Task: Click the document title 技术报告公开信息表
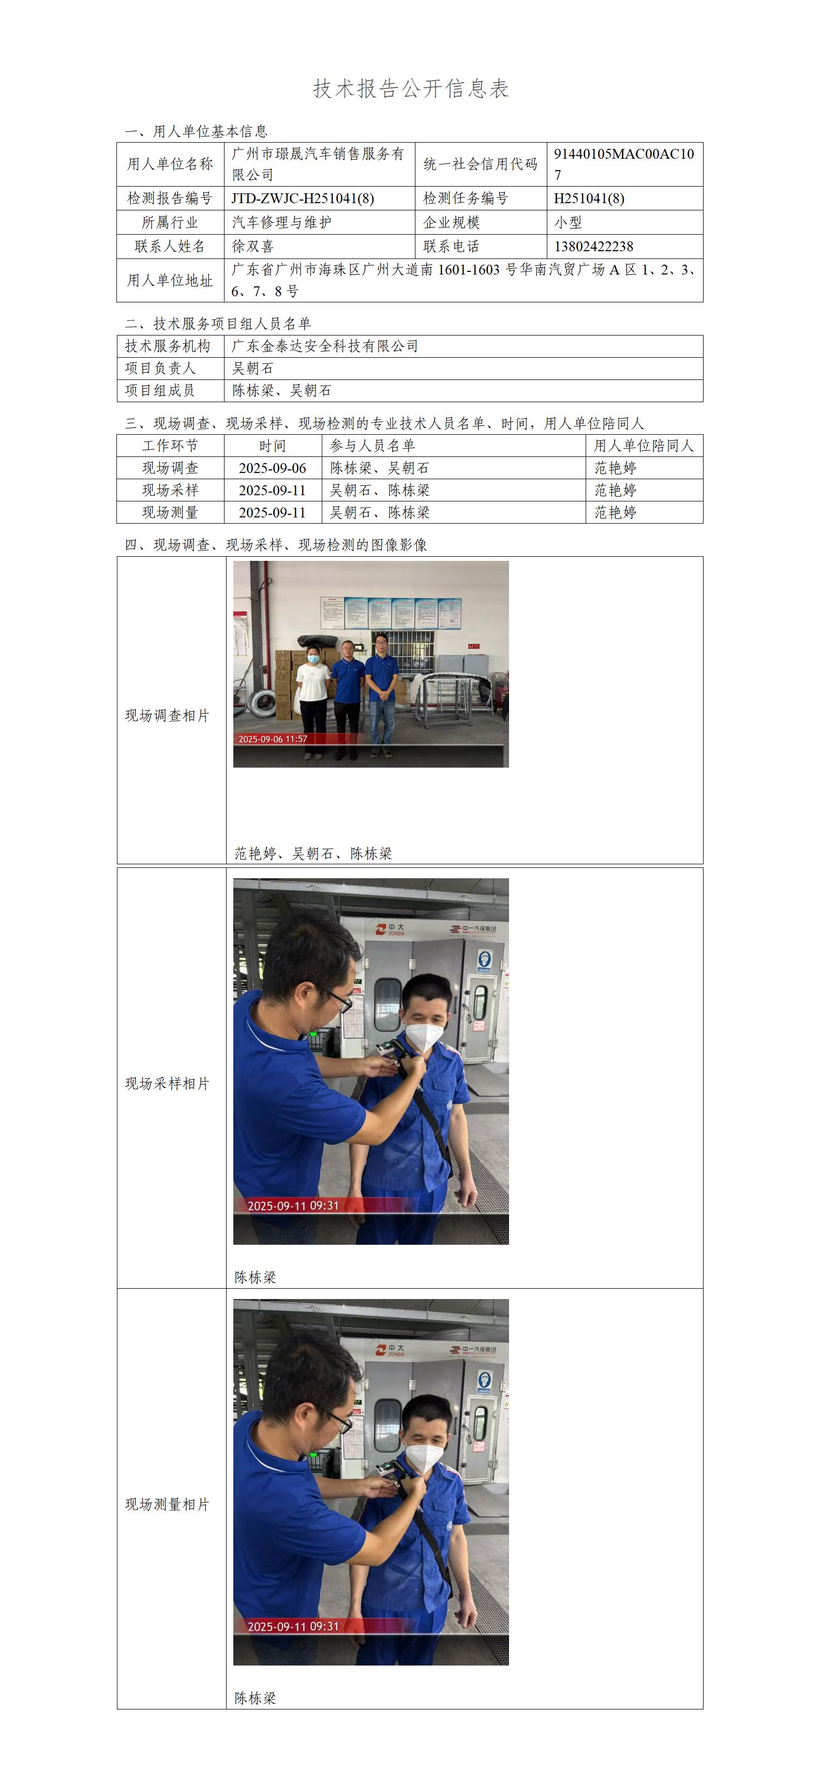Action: [x=411, y=88]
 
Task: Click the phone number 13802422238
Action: [x=593, y=246]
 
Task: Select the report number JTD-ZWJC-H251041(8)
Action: [x=303, y=198]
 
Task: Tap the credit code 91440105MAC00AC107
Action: [x=624, y=164]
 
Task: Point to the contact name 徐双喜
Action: [x=252, y=246]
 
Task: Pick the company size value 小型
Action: [x=568, y=222]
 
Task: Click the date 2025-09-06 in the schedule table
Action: [x=273, y=468]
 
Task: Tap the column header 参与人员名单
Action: [x=372, y=446]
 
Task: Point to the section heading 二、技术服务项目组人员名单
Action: [x=218, y=323]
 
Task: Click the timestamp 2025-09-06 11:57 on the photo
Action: [x=273, y=739]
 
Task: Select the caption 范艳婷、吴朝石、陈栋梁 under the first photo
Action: [x=313, y=853]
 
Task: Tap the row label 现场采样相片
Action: [x=167, y=1083]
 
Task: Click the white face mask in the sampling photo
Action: [x=424, y=1036]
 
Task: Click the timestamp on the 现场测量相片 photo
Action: [x=293, y=1627]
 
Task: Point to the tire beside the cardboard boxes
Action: [x=262, y=702]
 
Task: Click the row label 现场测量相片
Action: [x=167, y=1504]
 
